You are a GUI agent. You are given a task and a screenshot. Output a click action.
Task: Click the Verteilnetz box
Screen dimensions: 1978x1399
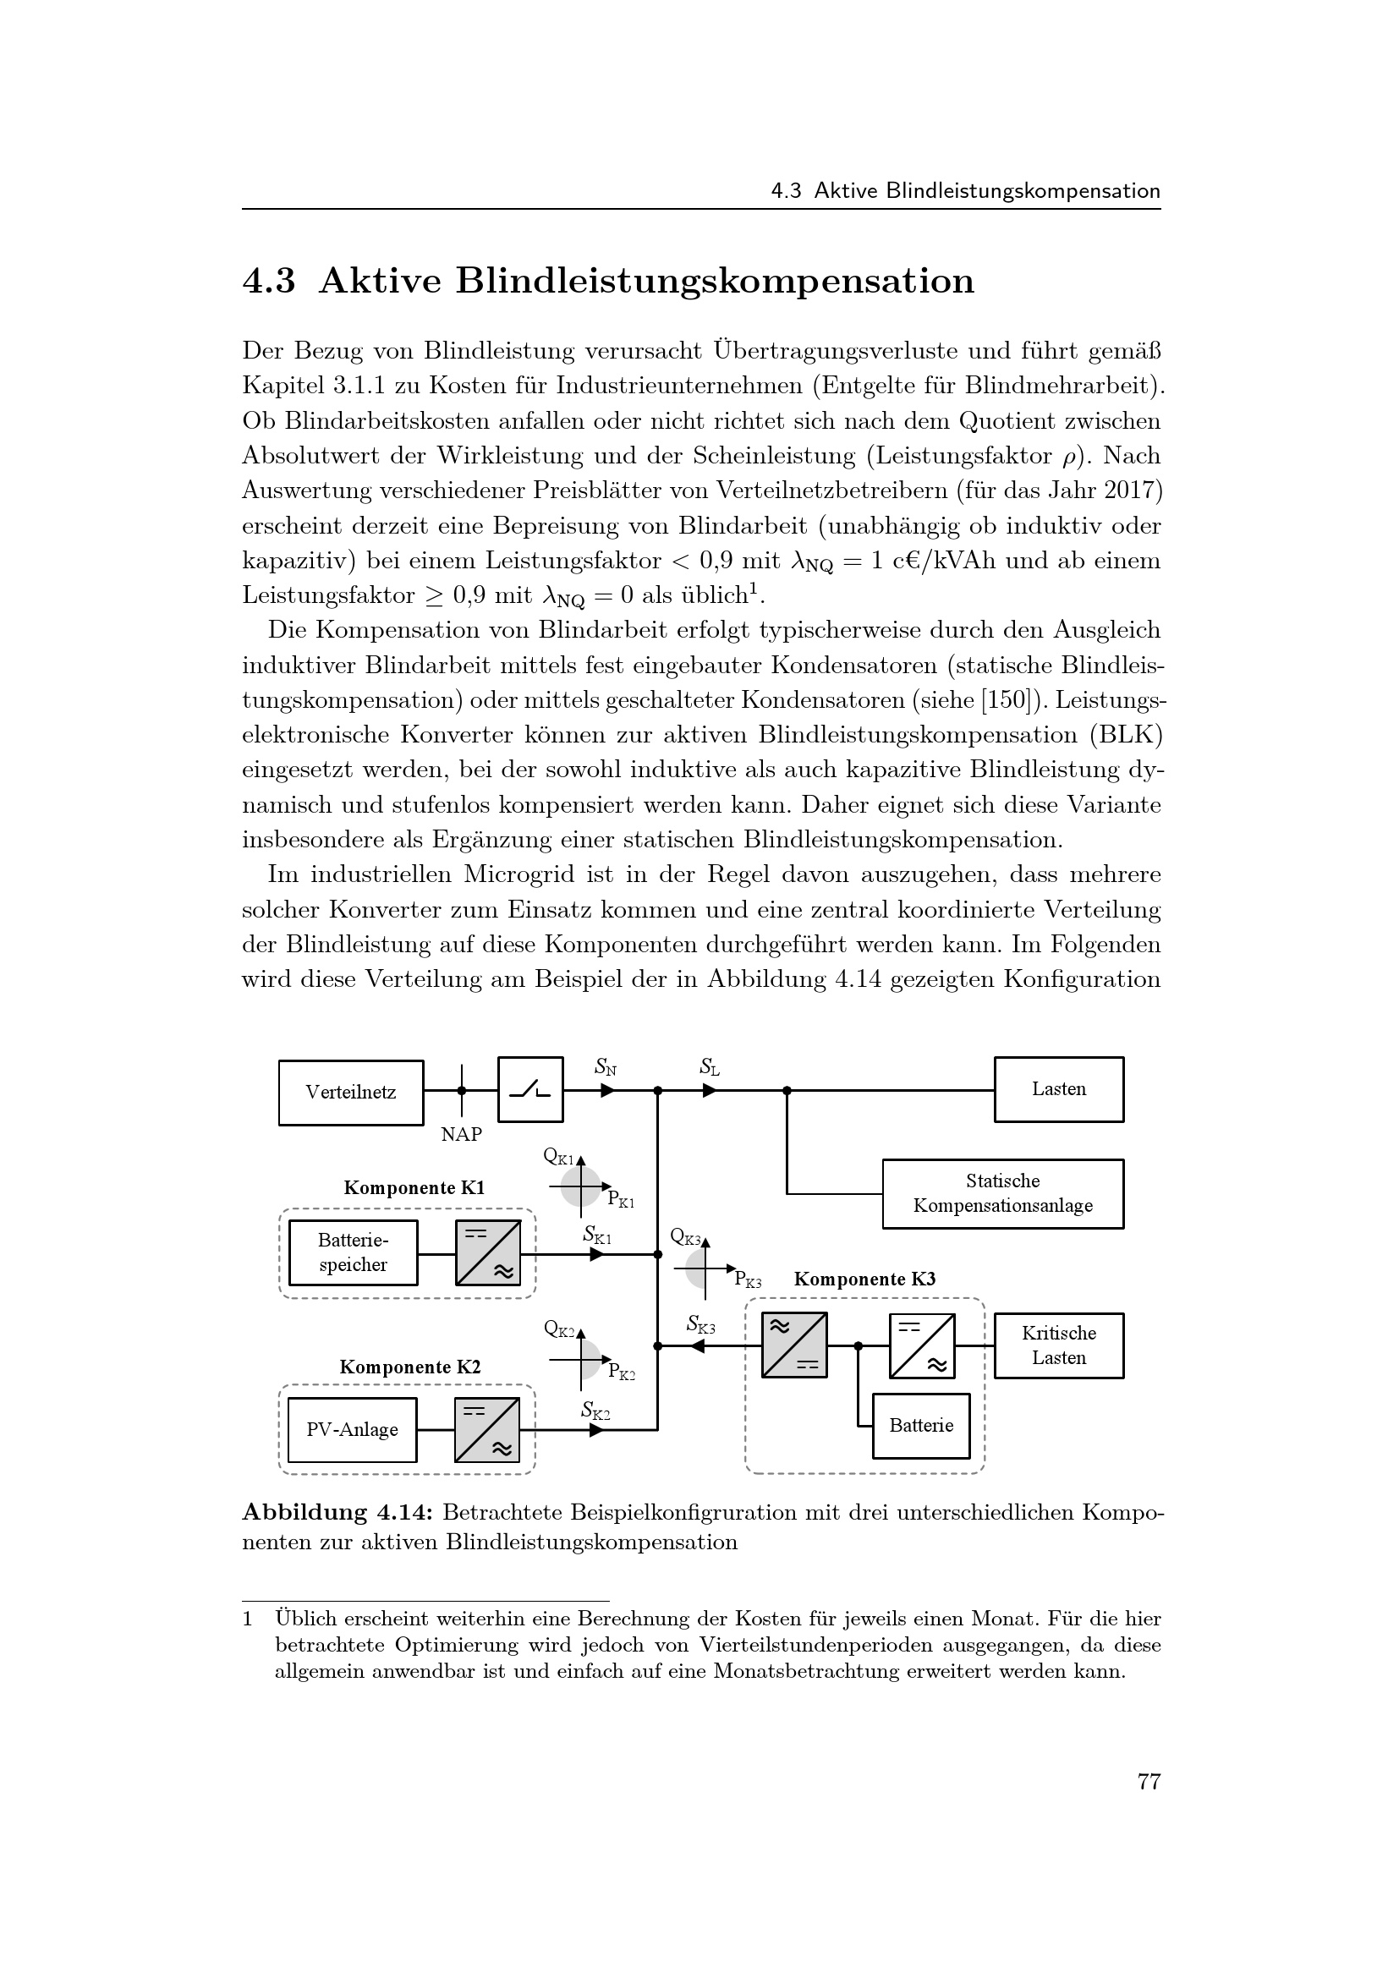pos(351,1093)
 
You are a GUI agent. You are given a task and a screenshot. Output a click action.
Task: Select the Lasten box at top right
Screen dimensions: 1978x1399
pos(1059,1089)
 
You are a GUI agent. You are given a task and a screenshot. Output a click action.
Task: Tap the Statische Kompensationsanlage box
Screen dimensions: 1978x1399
pos(1003,1193)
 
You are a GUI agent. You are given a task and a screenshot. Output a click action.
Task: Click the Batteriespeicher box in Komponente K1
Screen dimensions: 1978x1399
pos(353,1252)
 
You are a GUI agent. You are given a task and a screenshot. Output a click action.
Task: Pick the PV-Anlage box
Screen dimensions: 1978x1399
pos(353,1430)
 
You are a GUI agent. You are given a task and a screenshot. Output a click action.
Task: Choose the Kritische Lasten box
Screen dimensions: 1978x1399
pos(1059,1345)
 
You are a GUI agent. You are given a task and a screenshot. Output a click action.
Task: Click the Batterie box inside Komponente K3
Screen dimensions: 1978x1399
pos(921,1426)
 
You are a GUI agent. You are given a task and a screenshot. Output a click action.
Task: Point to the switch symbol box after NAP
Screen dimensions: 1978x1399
pos(530,1090)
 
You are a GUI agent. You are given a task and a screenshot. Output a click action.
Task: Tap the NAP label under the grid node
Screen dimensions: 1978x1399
pos(462,1135)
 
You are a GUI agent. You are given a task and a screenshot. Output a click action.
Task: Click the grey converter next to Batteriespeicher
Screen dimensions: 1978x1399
pos(488,1252)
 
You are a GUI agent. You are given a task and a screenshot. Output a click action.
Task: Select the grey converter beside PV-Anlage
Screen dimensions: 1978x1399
pos(487,1430)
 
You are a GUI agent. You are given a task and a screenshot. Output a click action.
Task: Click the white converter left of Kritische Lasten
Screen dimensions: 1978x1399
pos(922,1345)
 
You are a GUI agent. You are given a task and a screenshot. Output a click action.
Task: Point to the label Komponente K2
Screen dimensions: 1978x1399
pos(410,1367)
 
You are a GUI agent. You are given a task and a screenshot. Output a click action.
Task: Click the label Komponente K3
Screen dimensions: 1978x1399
pos(864,1279)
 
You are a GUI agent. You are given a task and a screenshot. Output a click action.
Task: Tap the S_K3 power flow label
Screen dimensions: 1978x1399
pos(700,1324)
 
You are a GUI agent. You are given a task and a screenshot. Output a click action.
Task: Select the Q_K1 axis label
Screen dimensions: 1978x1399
pos(558,1156)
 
